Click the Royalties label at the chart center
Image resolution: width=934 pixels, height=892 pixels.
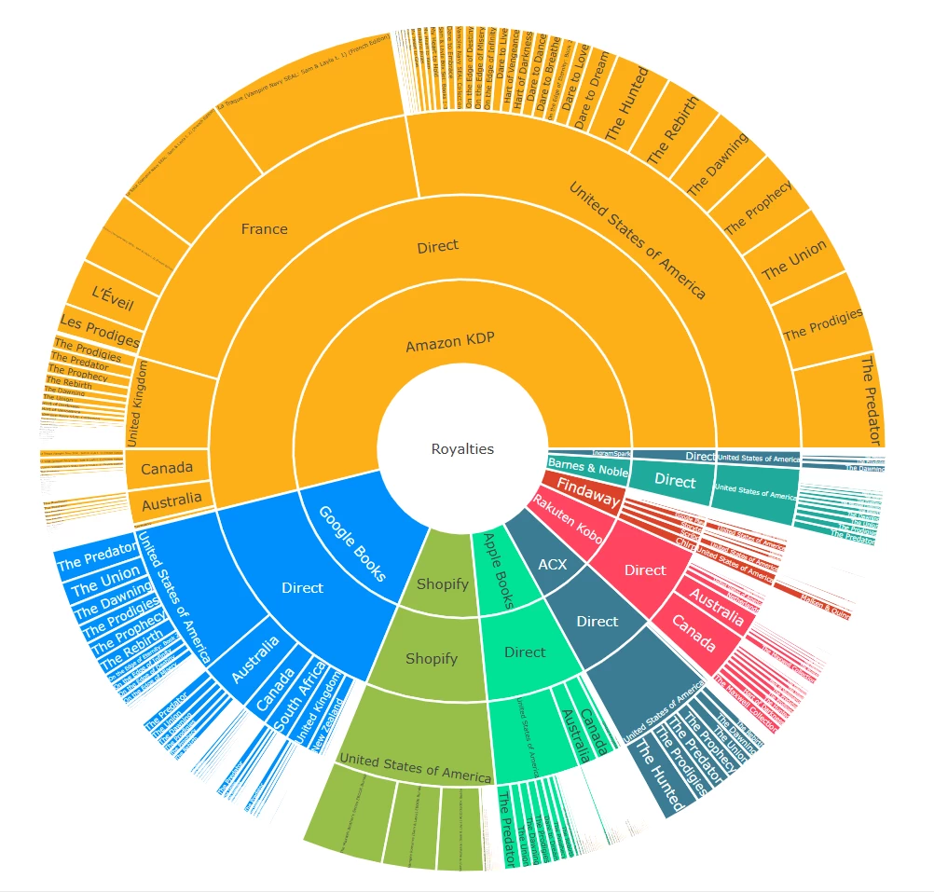click(462, 449)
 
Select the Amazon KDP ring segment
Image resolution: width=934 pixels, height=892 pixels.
click(446, 344)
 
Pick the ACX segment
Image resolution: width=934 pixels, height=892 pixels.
click(553, 564)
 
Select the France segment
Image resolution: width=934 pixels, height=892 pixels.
click(264, 229)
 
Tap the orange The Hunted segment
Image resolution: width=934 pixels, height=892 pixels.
click(628, 104)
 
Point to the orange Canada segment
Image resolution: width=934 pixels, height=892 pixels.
click(167, 468)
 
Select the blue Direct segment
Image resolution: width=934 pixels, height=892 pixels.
click(302, 587)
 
